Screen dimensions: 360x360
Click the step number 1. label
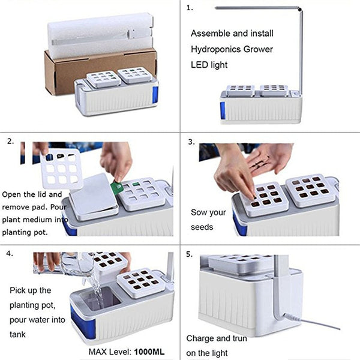pyautogui.click(x=190, y=8)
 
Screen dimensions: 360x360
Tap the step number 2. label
pyautogui.click(x=10, y=142)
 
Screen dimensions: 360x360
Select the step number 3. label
pyautogui.click(x=191, y=142)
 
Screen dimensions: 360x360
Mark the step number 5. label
pyautogui.click(x=190, y=254)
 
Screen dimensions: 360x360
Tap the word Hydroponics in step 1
pyautogui.click(x=213, y=49)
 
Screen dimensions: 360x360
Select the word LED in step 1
pyautogui.click(x=200, y=64)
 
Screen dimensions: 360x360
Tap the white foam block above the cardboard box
pyautogui.click(x=99, y=36)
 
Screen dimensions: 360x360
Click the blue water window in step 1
pyautogui.click(x=223, y=110)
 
